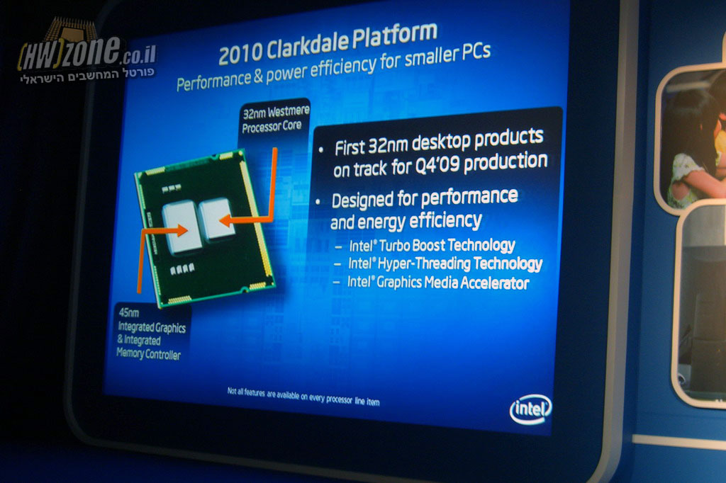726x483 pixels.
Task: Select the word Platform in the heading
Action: [394, 35]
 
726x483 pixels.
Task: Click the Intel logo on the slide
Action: [530, 409]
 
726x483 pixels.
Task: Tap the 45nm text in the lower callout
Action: [129, 312]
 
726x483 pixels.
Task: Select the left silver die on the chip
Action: [181, 227]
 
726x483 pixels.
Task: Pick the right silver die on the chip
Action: [216, 218]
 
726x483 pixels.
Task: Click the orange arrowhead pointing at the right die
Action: [225, 220]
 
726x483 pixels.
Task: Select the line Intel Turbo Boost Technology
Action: [432, 245]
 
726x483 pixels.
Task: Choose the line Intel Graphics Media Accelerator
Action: [437, 283]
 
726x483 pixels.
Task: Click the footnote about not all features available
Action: [303, 397]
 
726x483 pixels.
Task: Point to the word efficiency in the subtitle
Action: [343, 68]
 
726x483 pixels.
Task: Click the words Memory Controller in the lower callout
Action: [149, 354]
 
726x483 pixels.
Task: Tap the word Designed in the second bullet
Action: [362, 200]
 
